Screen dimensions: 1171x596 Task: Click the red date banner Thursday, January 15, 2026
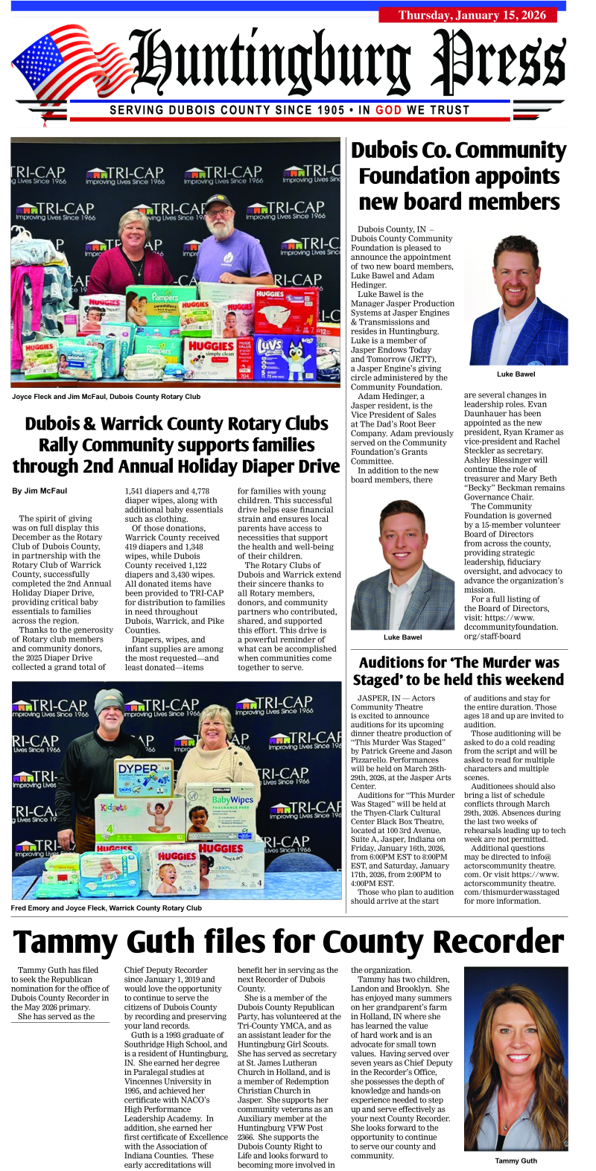tap(472, 15)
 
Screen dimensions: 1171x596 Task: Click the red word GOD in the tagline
tap(388, 110)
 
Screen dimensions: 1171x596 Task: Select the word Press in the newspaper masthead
tap(498, 63)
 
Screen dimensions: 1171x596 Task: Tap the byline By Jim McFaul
tap(39, 491)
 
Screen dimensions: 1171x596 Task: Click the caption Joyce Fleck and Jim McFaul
tap(106, 397)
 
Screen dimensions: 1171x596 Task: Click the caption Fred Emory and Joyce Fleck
tap(106, 908)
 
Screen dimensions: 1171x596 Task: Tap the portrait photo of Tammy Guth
tap(516, 1058)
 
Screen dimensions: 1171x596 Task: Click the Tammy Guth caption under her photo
tap(516, 1161)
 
